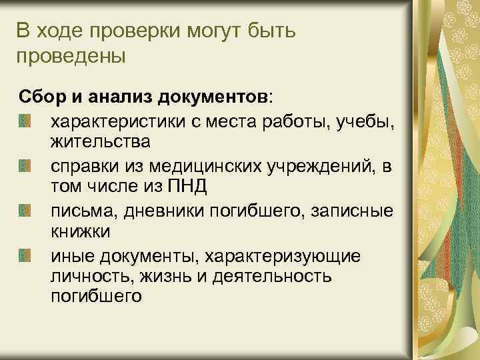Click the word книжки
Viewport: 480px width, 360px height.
[x=81, y=231]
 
